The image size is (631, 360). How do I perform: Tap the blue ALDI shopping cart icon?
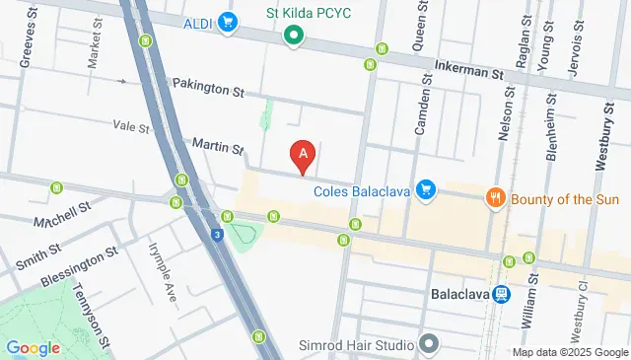pos(229,22)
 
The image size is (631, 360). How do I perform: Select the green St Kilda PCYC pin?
pos(293,37)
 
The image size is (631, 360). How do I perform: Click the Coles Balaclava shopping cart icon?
pos(426,187)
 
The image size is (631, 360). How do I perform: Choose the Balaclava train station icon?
pos(502,294)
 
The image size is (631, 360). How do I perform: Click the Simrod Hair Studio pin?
pos(428,344)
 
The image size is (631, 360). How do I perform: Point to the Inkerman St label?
pos(470,72)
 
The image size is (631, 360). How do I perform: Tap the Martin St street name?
pos(217,147)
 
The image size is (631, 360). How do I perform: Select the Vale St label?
pos(130,127)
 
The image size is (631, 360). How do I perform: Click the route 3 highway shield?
pos(216,234)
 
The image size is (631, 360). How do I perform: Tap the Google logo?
pos(33,347)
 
